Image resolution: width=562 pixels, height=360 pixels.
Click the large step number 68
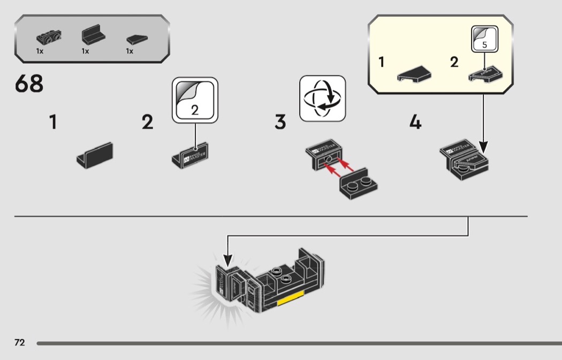[x=29, y=84]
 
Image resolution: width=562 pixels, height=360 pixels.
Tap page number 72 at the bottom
[x=19, y=342]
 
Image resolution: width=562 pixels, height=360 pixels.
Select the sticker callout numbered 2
[x=195, y=101]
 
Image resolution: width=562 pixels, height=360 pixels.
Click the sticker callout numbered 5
[x=484, y=39]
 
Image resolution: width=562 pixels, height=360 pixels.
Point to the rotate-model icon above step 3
[x=322, y=98]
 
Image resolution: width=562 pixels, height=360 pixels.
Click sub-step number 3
[x=280, y=122]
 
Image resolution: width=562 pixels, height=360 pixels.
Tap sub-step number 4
[x=415, y=122]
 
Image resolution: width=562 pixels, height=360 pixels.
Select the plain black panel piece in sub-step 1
[x=96, y=154]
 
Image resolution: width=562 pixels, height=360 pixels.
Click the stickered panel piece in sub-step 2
[x=190, y=155]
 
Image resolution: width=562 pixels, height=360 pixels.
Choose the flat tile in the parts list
[x=137, y=39]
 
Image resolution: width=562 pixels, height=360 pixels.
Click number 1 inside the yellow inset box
[x=382, y=62]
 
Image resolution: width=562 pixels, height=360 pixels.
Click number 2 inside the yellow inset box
[x=454, y=62]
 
